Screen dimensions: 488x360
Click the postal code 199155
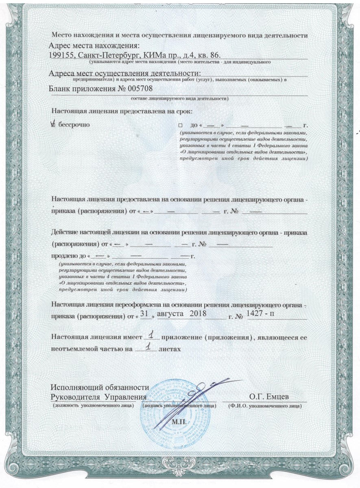point(60,55)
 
